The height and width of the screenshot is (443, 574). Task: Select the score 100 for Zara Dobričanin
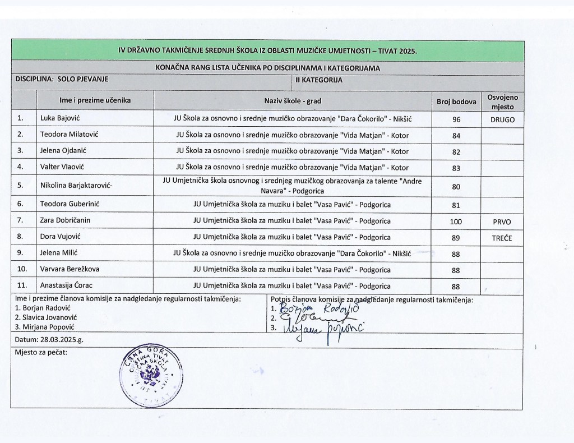(x=456, y=221)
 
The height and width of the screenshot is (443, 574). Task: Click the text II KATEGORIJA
(x=318, y=80)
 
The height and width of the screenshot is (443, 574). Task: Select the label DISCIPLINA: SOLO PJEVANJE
(x=62, y=80)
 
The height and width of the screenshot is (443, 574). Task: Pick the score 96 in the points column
(x=456, y=119)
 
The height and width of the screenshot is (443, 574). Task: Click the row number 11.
(x=21, y=285)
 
